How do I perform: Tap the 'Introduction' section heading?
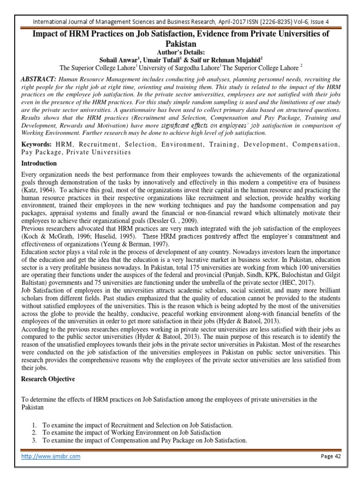coord(40,163)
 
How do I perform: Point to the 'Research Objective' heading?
coord(48,379)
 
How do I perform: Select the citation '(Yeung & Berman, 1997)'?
coord(118,244)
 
